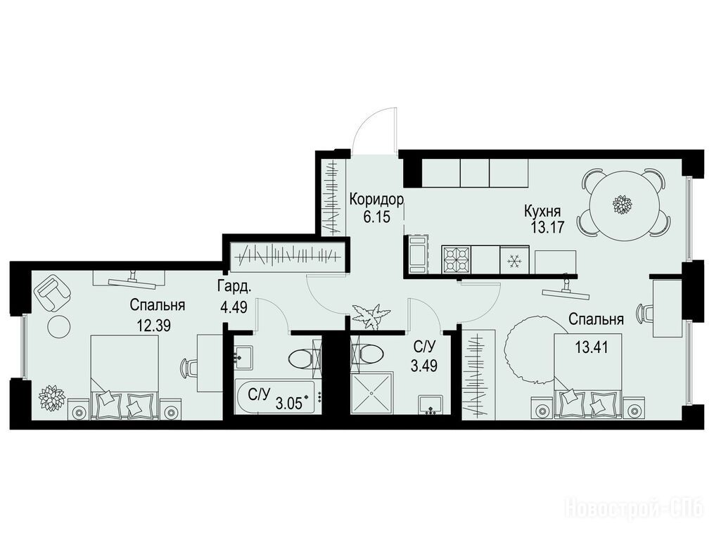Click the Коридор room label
[x=376, y=199]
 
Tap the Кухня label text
[x=542, y=211]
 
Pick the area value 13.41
[x=592, y=348]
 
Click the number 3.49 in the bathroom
[x=424, y=365]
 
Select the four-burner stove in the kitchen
[x=457, y=260]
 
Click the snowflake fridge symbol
[x=514, y=261]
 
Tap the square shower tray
[x=371, y=393]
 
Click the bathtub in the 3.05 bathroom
[x=278, y=397]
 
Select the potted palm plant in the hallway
[x=371, y=314]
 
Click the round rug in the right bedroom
[x=531, y=351]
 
